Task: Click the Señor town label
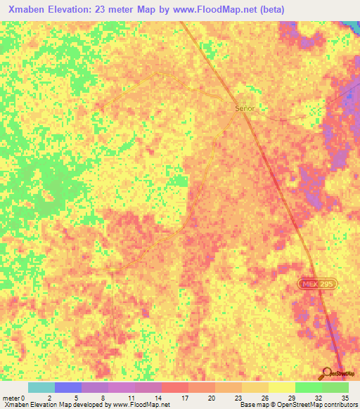click(x=244, y=109)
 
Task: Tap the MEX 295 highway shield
click(x=316, y=283)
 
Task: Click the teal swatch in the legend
click(x=41, y=387)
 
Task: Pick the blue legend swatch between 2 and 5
click(x=68, y=387)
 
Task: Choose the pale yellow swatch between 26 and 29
click(x=282, y=387)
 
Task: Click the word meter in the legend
click(x=11, y=398)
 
